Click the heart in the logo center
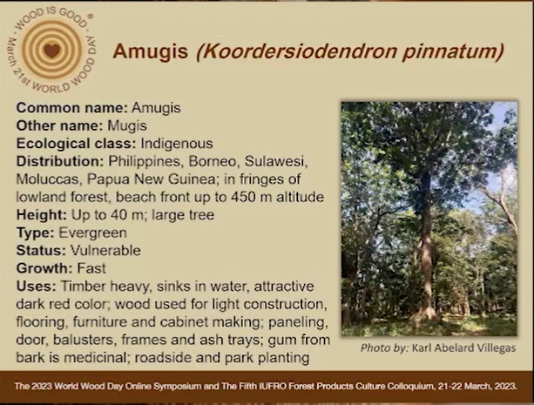click(51, 51)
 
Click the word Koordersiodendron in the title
click(297, 51)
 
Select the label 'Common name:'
click(71, 108)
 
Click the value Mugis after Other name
click(127, 126)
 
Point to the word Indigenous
click(177, 144)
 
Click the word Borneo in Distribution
click(213, 161)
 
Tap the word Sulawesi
click(276, 161)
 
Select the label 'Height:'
click(42, 215)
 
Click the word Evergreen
click(92, 233)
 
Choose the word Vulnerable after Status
click(105, 250)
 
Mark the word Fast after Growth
click(91, 268)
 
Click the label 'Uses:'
click(36, 287)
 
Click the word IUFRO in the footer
click(270, 386)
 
